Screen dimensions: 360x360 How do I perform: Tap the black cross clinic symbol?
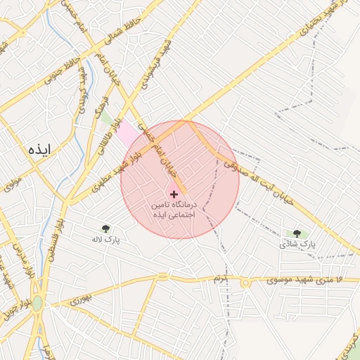tap(174, 193)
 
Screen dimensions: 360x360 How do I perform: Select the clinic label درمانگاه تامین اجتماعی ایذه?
tap(174, 209)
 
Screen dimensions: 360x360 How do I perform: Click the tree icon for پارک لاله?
tap(105, 228)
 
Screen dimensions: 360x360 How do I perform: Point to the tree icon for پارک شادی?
tap(296, 233)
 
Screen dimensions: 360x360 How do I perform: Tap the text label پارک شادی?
tap(297, 244)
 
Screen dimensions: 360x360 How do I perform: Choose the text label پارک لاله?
tap(105, 239)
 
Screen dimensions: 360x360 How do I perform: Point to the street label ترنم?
tap(222, 279)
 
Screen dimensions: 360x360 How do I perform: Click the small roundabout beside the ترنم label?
tap(245, 283)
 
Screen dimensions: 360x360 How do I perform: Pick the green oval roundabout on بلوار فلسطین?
tap(37, 303)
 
